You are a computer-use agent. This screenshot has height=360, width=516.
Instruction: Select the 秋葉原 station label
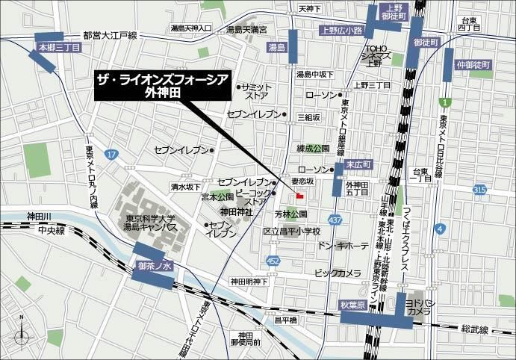(x=355, y=305)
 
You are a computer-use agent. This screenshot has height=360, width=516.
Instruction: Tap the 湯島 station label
(x=277, y=47)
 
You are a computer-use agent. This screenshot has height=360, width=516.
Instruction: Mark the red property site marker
(x=299, y=196)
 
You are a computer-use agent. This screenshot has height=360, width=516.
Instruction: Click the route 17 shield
(x=111, y=154)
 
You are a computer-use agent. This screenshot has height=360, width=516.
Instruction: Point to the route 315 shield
(x=479, y=192)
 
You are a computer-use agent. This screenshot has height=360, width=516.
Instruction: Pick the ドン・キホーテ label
(x=343, y=245)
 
